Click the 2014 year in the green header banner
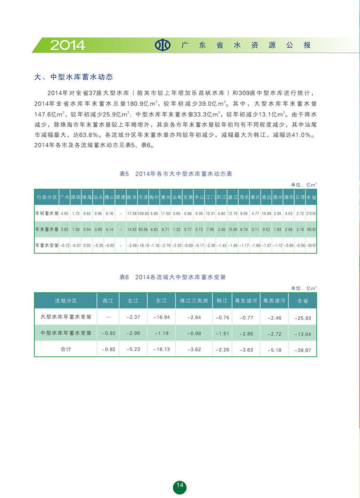pyautogui.click(x=67, y=45)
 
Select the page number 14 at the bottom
pyautogui.click(x=180, y=485)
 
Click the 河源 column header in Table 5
pyautogui.click(x=143, y=197)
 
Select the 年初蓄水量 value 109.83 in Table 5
pyautogui.click(x=143, y=213)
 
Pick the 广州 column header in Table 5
pyautogui.click(x=64, y=197)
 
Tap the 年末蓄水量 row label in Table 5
pyautogui.click(x=47, y=229)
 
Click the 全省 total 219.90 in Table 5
pyautogui.click(x=311, y=213)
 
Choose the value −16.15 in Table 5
pyautogui.click(x=143, y=246)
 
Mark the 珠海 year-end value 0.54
pyautogui.click(x=87, y=229)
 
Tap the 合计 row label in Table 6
pyautogui.click(x=66, y=349)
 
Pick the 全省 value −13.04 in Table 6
pyautogui.click(x=302, y=333)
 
